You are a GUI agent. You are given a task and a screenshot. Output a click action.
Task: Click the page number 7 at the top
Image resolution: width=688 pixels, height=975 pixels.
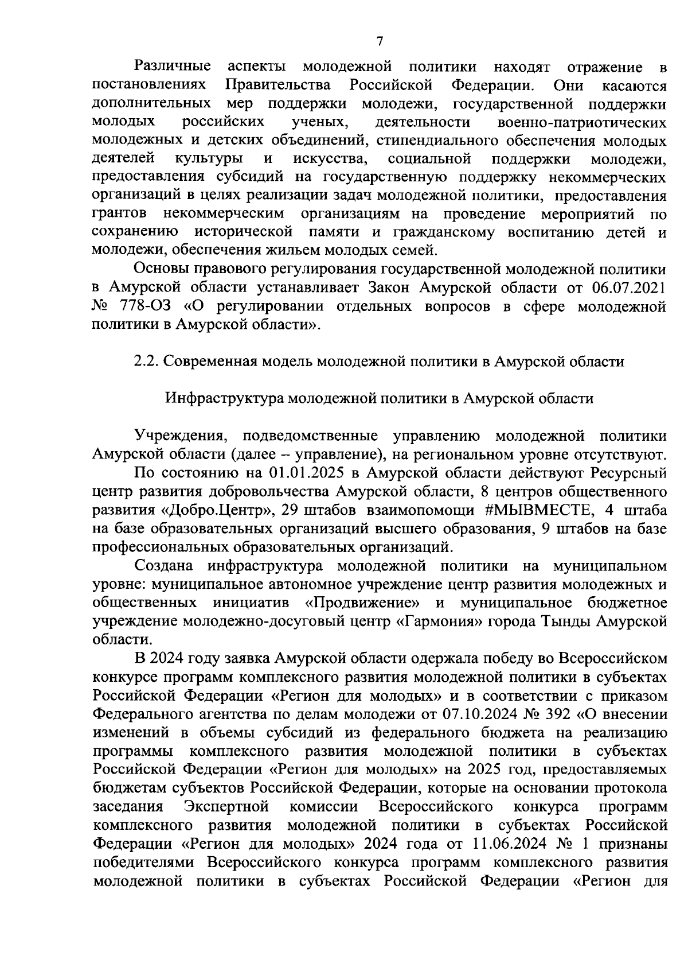[x=379, y=41]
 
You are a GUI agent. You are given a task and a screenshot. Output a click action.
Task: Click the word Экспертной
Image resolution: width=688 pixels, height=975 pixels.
[x=227, y=806]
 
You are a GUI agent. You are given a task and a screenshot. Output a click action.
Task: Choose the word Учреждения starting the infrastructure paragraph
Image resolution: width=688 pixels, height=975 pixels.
[x=174, y=436]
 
